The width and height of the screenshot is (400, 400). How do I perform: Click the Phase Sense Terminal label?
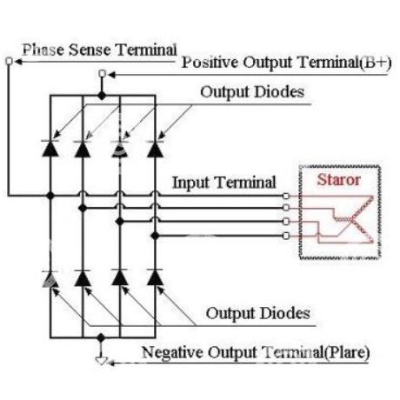click(99, 50)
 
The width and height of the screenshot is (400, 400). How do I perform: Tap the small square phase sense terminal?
click(10, 61)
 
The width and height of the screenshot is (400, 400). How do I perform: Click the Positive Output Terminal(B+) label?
click(286, 63)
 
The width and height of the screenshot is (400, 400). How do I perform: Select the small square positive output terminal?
click(102, 74)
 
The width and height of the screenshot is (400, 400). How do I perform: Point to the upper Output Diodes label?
click(252, 92)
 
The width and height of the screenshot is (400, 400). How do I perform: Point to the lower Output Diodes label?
click(258, 313)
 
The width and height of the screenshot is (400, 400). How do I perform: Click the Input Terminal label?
click(224, 183)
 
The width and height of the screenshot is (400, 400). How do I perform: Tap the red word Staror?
click(338, 180)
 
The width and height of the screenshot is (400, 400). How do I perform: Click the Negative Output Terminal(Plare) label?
click(256, 352)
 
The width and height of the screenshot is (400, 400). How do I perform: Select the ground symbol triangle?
click(101, 361)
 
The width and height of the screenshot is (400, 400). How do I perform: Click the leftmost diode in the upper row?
click(50, 149)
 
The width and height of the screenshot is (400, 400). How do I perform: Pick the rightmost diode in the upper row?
click(155, 149)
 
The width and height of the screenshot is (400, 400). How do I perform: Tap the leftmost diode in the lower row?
click(50, 279)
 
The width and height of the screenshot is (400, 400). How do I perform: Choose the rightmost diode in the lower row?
click(155, 277)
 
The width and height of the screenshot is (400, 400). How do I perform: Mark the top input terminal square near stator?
click(286, 196)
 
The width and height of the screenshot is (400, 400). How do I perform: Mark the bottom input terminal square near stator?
click(286, 236)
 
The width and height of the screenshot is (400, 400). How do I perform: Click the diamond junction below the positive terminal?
click(102, 96)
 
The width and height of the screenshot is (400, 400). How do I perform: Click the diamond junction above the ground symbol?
click(101, 337)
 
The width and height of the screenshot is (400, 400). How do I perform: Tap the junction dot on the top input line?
click(50, 196)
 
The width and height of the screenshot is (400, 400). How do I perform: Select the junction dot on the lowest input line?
click(155, 236)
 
